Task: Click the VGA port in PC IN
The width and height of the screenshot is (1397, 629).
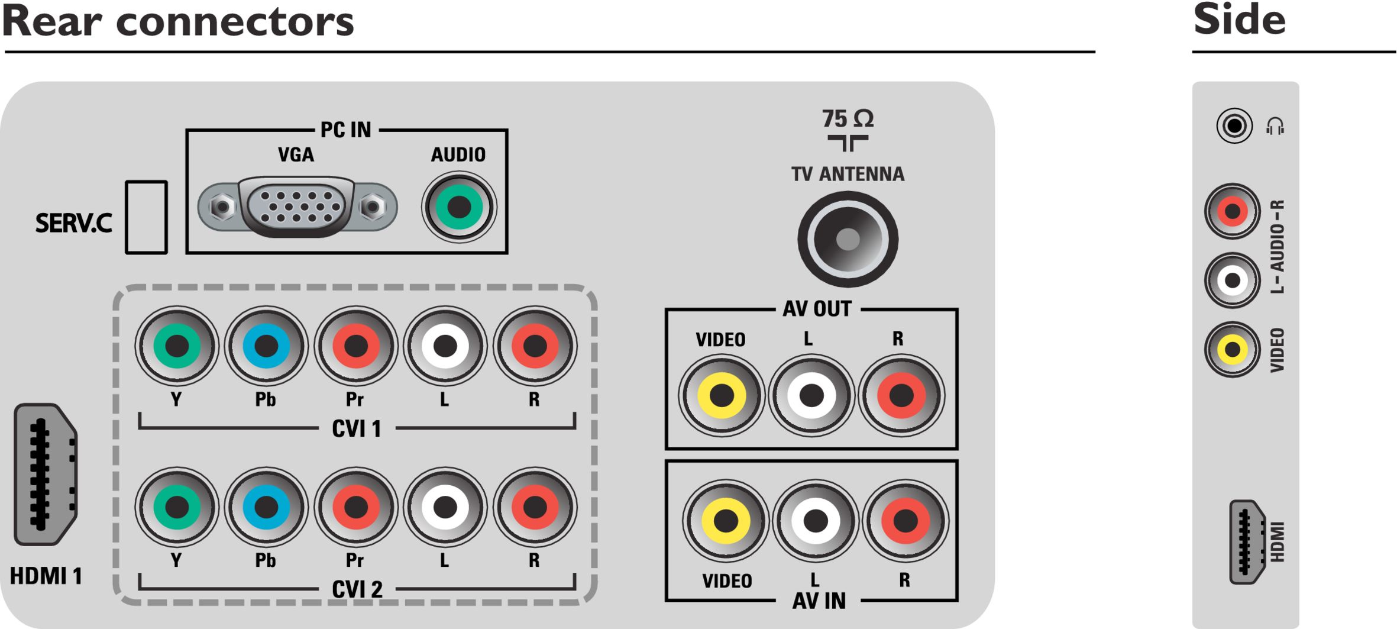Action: click(297, 207)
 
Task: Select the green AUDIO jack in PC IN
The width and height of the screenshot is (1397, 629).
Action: click(459, 207)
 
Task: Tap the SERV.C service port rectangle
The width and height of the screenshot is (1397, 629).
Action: click(146, 217)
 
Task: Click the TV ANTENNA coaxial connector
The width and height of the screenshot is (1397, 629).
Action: click(848, 240)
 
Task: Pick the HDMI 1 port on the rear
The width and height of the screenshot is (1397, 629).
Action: click(46, 474)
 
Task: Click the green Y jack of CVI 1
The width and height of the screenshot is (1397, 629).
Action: click(177, 346)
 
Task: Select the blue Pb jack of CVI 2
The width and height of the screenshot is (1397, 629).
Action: click(266, 507)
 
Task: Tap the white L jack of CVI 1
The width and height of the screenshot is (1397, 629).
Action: click(445, 346)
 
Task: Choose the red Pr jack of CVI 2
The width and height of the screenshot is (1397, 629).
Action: click(355, 507)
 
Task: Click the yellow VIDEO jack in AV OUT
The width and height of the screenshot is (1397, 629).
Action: click(722, 395)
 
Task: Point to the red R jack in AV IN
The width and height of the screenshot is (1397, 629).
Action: click(906, 521)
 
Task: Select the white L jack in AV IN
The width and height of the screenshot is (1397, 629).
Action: click(816, 521)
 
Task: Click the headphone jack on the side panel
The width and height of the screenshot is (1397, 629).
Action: click(1234, 125)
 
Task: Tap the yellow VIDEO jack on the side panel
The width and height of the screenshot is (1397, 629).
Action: click(1233, 349)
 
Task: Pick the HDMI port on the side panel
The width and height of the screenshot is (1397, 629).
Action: click(1247, 542)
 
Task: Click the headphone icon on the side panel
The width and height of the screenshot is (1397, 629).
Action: click(1275, 126)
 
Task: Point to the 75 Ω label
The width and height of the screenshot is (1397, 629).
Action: click(848, 119)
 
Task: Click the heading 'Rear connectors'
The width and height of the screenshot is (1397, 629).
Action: click(178, 22)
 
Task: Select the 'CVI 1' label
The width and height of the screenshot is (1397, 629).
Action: click(357, 428)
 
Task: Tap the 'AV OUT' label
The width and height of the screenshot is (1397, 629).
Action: click(817, 308)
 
